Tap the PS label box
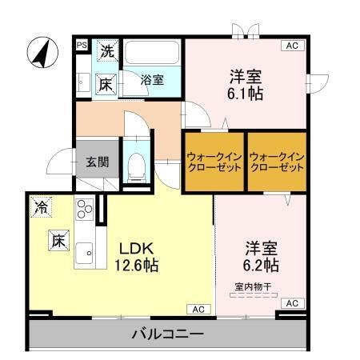[82, 46]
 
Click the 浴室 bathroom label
[152, 79]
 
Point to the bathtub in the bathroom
[153, 56]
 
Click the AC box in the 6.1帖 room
[293, 46]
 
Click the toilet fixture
[136, 164]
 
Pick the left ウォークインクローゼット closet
[213, 162]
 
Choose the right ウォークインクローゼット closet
[276, 162]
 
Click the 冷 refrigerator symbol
[40, 206]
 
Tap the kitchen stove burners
[83, 210]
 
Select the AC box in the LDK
[198, 309]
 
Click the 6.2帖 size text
[260, 264]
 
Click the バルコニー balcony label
[167, 334]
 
